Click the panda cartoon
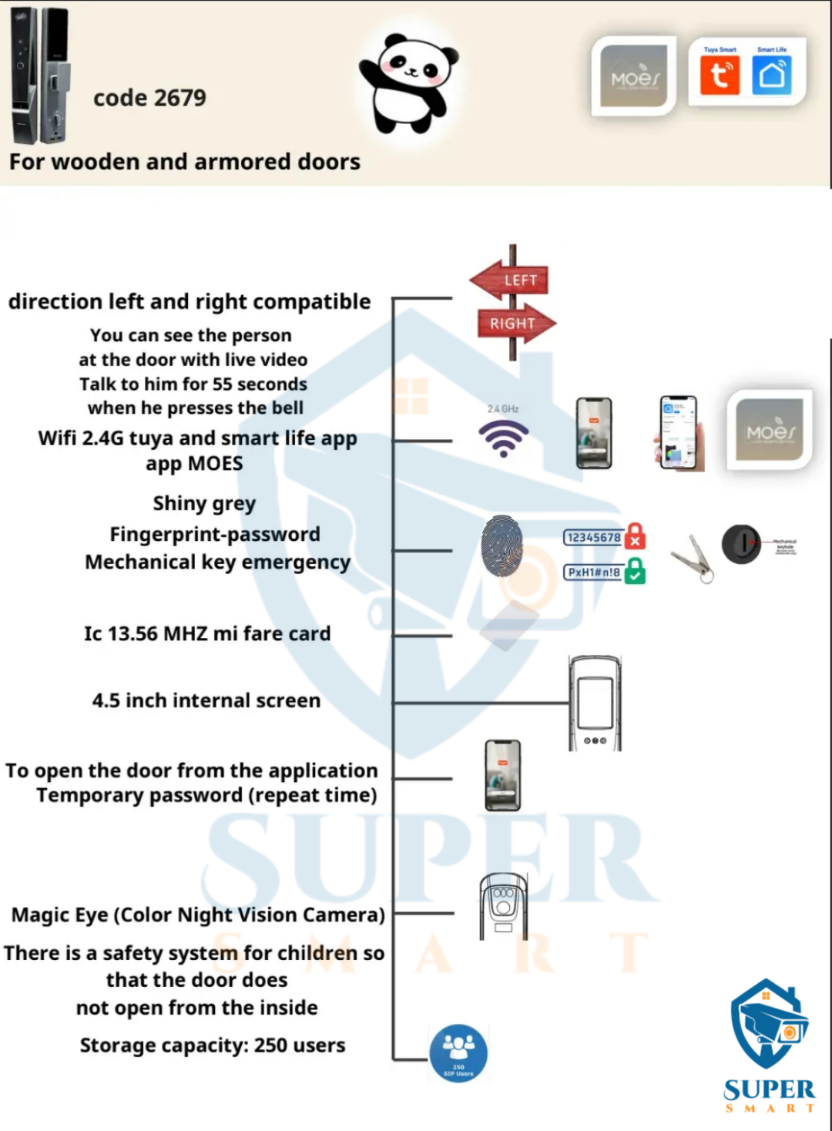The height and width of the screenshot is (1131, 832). [408, 83]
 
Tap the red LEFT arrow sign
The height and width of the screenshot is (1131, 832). [510, 280]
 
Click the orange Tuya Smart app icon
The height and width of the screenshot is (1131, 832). [720, 76]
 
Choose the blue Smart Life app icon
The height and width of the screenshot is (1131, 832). [771, 76]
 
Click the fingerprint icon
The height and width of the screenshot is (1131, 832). [502, 546]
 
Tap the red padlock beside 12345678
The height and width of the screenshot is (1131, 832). [635, 535]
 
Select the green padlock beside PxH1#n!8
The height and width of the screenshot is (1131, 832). [635, 571]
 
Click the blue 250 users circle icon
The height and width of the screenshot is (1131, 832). [458, 1052]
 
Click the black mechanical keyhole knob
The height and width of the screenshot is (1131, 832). [741, 544]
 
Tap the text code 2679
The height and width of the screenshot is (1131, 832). [149, 98]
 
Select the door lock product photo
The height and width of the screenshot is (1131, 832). [40, 76]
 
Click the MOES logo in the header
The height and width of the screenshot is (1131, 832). [634, 76]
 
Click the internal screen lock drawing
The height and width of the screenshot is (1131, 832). [595, 703]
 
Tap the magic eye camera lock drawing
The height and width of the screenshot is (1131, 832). [503, 905]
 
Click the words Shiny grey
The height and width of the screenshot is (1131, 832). [204, 504]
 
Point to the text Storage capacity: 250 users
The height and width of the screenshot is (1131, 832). [213, 1045]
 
